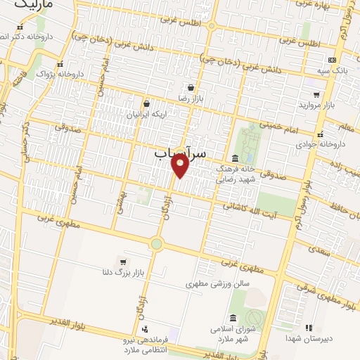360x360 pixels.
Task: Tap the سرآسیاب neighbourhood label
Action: [180, 152]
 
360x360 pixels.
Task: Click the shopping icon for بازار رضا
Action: [191, 88]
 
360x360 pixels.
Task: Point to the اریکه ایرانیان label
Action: [145, 114]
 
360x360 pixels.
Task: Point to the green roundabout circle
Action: [155, 244]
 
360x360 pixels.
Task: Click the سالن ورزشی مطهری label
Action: [218, 285]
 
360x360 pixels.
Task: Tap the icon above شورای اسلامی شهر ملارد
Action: [233, 317]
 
